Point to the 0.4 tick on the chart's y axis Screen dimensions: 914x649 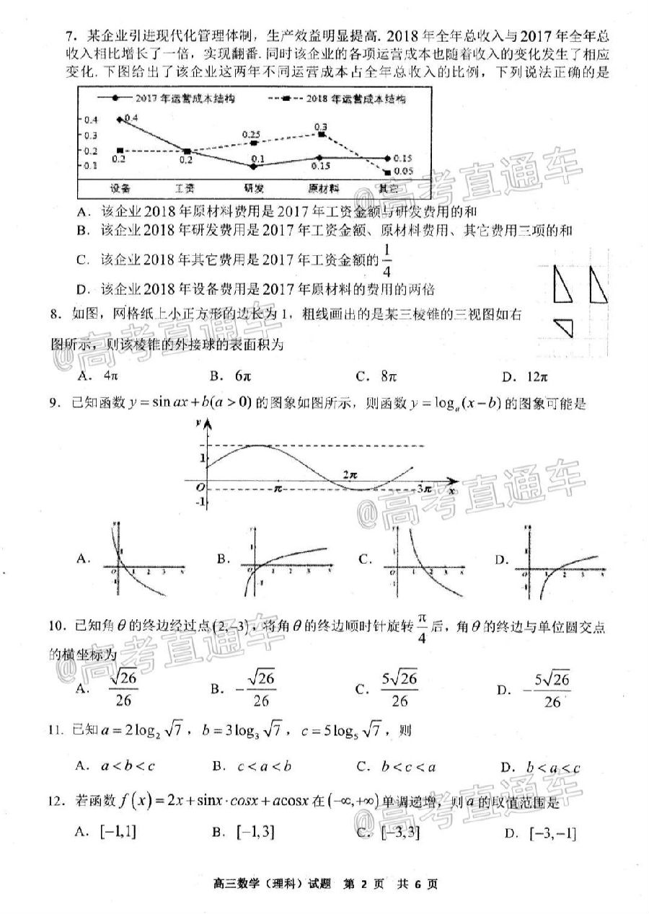pos(91,120)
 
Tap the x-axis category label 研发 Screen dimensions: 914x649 pos(253,188)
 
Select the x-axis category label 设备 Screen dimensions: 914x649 pos(120,188)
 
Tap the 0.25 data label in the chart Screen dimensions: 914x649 pos(251,134)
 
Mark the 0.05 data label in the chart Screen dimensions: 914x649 pos(404,172)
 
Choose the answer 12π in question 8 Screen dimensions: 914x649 pos(537,376)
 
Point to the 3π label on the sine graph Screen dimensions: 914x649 pos(424,489)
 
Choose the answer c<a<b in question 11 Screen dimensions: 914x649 pos(251,766)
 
